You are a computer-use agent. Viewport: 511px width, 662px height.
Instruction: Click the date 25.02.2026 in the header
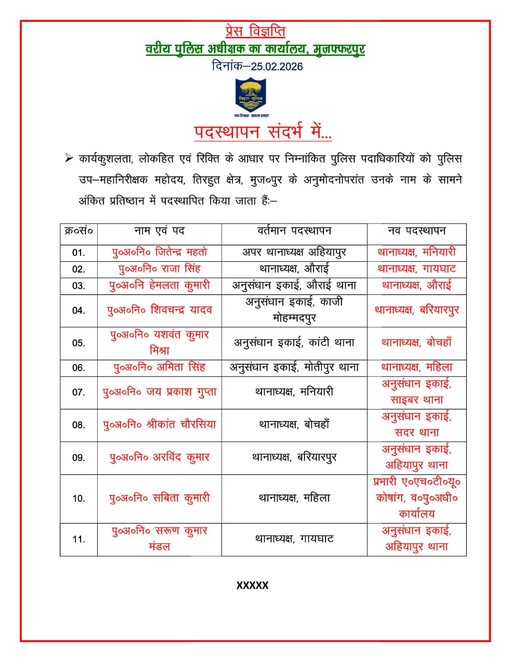[277, 67]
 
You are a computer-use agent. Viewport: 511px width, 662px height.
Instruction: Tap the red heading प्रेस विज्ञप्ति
[256, 32]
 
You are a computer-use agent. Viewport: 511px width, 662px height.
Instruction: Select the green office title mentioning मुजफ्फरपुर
[255, 50]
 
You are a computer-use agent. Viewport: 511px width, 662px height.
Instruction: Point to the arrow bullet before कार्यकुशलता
[68, 159]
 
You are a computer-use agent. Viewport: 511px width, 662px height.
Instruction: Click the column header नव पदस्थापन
[416, 231]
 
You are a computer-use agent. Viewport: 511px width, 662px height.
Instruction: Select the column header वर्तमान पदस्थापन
[294, 231]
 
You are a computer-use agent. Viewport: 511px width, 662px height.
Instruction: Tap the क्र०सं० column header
[79, 231]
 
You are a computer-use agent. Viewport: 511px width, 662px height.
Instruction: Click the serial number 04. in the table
[79, 310]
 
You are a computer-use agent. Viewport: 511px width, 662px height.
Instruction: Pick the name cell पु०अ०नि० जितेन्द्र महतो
[160, 252]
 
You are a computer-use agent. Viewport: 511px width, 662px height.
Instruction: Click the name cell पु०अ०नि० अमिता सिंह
[160, 368]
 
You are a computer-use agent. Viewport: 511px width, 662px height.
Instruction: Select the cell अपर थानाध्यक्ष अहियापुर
[294, 252]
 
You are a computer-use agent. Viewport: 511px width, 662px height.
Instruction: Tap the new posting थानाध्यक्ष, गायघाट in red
[416, 269]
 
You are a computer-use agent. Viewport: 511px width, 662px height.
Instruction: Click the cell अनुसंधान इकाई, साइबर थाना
[416, 392]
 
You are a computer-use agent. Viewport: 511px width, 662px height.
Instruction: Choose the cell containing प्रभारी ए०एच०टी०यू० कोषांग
[416, 498]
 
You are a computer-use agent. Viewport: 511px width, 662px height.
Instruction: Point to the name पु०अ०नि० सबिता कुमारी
[160, 498]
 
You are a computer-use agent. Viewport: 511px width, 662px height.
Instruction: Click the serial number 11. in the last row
[79, 539]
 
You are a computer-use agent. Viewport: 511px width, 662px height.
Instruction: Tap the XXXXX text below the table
[253, 585]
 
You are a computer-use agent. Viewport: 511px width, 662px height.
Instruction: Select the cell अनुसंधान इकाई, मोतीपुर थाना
[294, 368]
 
